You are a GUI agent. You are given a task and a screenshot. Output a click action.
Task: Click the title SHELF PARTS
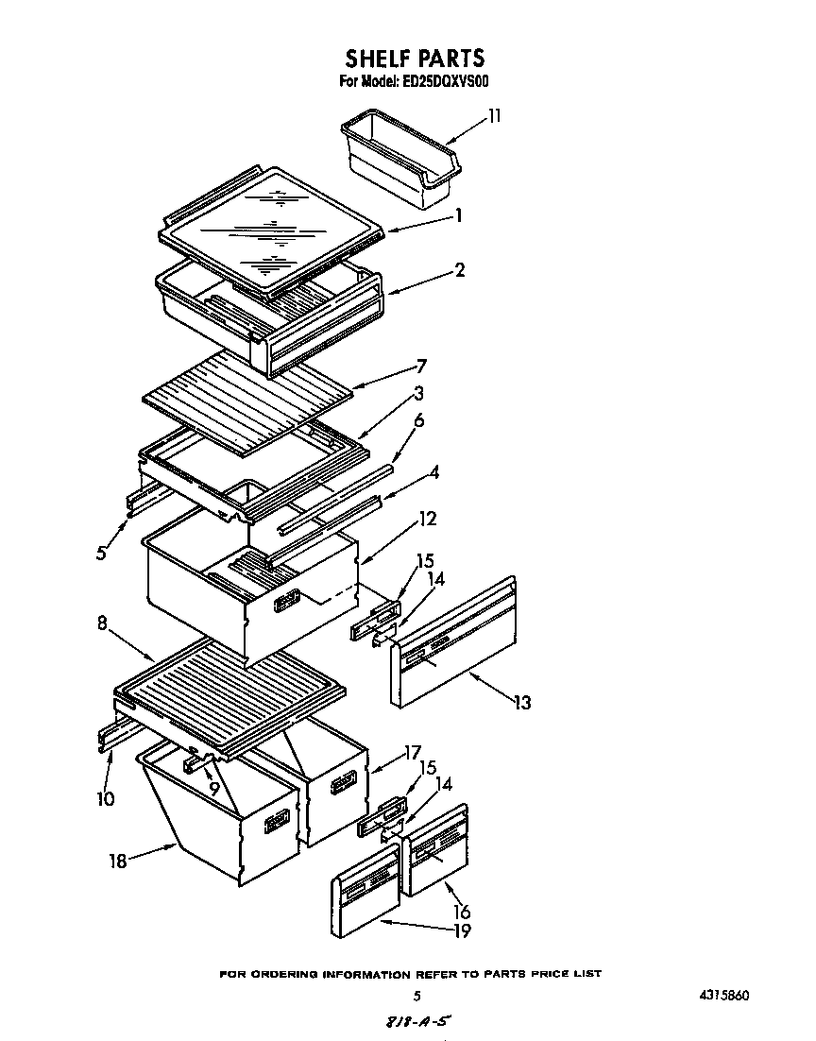414,60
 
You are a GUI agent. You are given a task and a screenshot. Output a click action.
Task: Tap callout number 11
494,116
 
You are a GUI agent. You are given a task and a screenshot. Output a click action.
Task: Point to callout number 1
458,215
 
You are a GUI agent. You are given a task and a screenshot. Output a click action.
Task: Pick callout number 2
459,270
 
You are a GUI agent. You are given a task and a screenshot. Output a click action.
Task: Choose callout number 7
422,365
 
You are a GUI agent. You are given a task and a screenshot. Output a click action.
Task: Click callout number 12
427,518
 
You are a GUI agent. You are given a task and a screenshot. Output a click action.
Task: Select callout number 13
521,702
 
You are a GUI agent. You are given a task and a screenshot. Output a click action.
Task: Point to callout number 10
105,798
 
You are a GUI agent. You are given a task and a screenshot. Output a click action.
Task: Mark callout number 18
118,862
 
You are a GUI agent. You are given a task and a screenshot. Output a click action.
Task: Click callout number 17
412,753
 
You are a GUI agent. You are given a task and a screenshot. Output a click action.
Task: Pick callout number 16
462,912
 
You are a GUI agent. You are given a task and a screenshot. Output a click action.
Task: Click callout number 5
101,554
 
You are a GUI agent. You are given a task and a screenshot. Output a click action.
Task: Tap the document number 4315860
725,996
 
